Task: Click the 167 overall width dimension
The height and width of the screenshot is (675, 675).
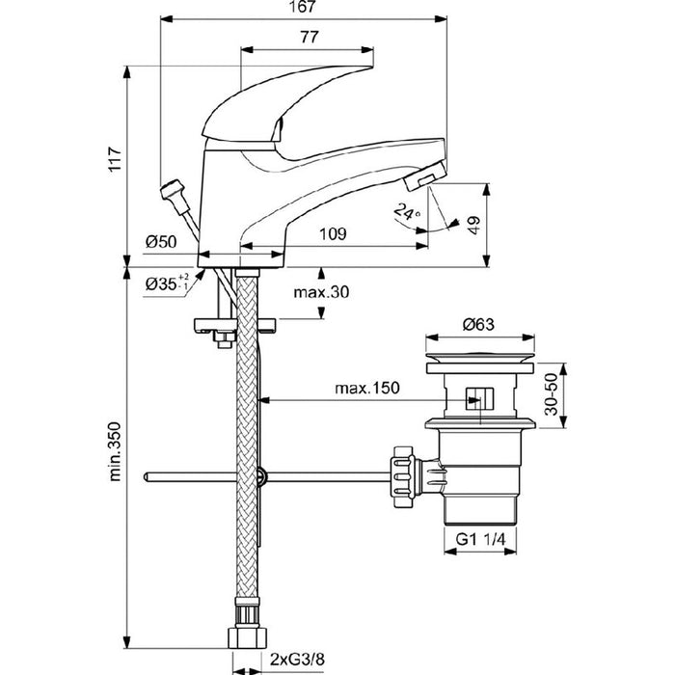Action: coord(303,8)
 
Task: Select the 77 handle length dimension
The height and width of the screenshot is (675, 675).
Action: coord(310,38)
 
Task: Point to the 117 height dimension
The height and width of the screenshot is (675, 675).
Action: coord(115,159)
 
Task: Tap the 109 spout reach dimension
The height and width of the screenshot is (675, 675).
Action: coord(333,233)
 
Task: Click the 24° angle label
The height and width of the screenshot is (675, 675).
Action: coord(407,211)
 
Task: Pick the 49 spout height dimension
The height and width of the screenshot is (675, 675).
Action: coord(473,225)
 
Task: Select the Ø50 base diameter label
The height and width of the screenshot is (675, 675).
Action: coord(161,241)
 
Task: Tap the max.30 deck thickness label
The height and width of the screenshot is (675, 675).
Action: coord(321,292)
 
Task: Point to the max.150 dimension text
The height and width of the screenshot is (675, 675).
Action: coord(367,388)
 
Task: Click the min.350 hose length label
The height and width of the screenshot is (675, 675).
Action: coord(115,451)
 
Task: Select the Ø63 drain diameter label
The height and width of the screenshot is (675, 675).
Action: coord(478,324)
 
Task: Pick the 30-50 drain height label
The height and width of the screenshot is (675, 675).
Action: coord(551,394)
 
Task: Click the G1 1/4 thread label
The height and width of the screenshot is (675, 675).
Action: coord(480,538)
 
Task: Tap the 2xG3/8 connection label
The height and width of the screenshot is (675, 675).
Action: coord(297,659)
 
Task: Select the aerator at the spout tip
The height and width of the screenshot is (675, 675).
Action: coord(424,175)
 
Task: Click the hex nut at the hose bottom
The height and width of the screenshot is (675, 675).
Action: coord(247,637)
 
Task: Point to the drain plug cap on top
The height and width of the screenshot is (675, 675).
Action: coord(480,358)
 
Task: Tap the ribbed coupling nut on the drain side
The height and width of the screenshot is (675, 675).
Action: coord(403,477)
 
